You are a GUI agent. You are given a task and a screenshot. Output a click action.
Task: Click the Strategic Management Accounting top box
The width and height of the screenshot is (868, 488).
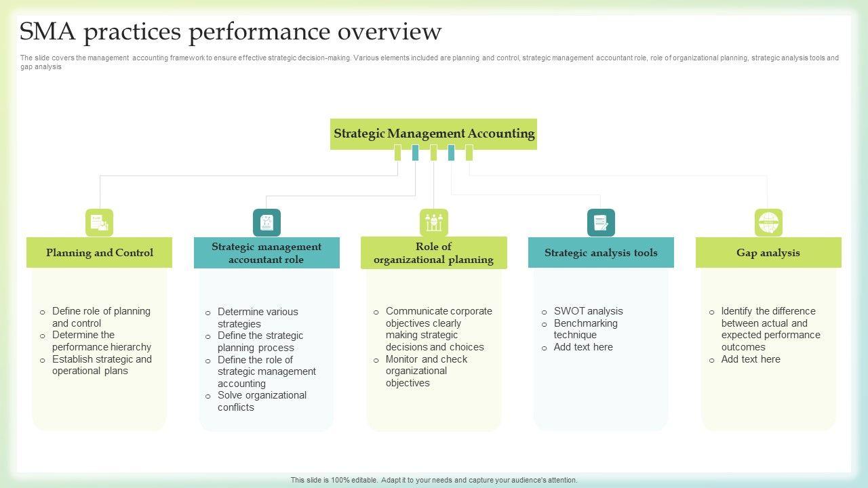click(x=433, y=134)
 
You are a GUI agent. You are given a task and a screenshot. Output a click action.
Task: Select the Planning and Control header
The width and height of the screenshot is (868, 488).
click(x=99, y=253)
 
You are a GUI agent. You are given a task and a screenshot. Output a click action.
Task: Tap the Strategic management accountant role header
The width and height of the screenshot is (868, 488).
click(x=267, y=253)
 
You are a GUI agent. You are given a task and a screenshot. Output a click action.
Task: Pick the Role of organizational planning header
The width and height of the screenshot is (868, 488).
click(x=433, y=253)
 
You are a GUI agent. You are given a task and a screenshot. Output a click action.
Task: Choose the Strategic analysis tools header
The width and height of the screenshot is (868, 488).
click(x=601, y=253)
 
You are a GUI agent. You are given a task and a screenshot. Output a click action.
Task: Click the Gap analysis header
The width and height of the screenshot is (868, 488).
click(x=768, y=253)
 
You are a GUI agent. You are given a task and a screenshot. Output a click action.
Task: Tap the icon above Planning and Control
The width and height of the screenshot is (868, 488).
click(x=99, y=222)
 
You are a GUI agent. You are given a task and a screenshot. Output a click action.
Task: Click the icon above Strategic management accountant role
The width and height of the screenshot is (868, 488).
click(x=267, y=222)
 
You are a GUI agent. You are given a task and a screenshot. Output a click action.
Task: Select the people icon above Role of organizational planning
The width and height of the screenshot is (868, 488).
click(x=434, y=222)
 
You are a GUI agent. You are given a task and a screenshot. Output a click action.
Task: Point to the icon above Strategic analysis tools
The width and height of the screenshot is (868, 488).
click(x=601, y=222)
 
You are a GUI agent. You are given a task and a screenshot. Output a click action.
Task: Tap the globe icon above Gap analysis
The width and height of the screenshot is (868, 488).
click(x=768, y=222)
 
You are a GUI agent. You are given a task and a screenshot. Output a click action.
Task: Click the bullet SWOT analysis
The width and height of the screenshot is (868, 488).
click(x=588, y=311)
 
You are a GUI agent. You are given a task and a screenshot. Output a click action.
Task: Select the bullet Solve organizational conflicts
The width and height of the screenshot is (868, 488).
click(x=262, y=401)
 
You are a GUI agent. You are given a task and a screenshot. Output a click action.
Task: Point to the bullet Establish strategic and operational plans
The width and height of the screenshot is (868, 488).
click(x=102, y=365)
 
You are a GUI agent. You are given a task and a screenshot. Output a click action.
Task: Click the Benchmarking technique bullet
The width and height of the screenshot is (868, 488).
click(x=585, y=329)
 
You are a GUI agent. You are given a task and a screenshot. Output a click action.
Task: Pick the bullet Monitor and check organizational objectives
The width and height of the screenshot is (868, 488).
click(x=426, y=371)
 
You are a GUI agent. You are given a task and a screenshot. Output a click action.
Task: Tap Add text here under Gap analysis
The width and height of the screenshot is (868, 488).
click(x=751, y=359)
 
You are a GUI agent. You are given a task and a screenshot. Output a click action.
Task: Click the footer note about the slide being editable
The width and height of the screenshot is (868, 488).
click(x=434, y=480)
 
